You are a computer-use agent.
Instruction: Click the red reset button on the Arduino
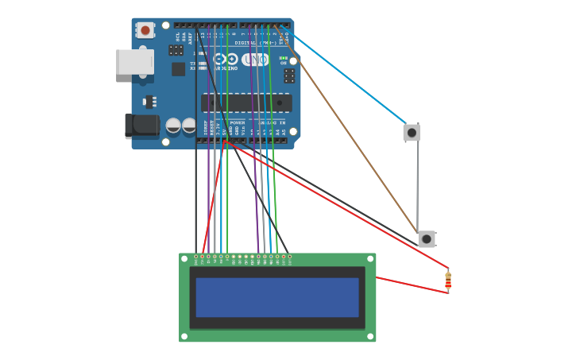(x=145, y=30)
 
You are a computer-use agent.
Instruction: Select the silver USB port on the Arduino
(x=134, y=62)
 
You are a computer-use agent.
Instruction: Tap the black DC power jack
(x=141, y=126)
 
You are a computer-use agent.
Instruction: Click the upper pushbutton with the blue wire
(x=412, y=132)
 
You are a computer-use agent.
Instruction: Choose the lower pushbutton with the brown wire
(x=427, y=238)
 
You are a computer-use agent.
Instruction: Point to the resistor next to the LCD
(x=448, y=281)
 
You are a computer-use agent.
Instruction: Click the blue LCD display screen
(x=277, y=297)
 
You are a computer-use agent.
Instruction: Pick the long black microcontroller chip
(x=246, y=103)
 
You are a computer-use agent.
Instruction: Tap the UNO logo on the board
(x=255, y=60)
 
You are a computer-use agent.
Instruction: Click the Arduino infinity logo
(x=226, y=59)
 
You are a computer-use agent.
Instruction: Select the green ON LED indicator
(x=284, y=58)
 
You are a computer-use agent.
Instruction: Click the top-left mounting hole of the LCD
(x=184, y=258)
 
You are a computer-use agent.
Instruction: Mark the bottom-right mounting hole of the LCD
(x=370, y=336)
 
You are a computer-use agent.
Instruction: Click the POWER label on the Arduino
(x=238, y=123)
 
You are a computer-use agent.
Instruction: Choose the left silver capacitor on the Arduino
(x=173, y=126)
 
